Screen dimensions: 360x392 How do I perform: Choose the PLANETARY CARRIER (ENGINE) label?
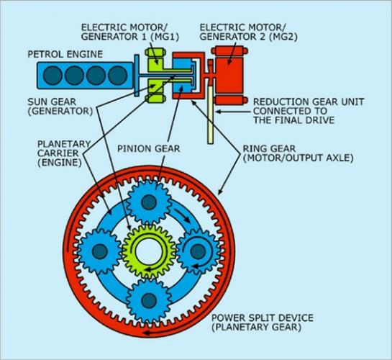tap(58, 153)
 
